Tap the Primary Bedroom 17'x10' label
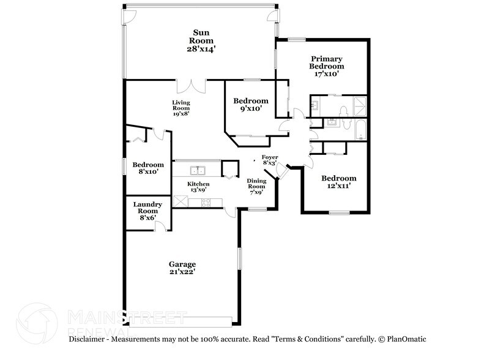(326, 66)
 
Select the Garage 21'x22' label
(182, 268)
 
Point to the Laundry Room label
(147, 211)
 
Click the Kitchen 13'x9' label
(198, 187)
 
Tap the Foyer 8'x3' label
(270, 160)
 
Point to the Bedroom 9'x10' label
(251, 105)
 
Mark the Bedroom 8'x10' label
(148, 168)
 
